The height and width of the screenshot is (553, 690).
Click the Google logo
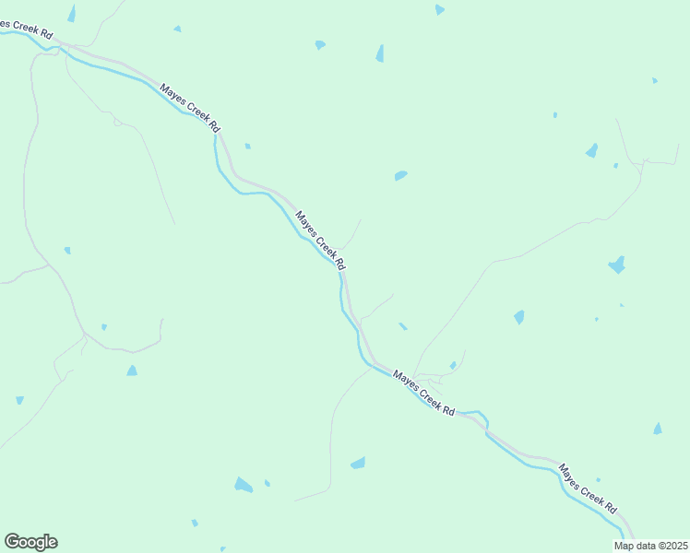tap(30, 542)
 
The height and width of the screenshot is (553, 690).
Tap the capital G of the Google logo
tap(12, 542)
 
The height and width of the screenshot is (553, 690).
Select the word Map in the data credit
tap(624, 546)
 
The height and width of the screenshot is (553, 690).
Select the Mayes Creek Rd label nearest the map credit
tap(588, 489)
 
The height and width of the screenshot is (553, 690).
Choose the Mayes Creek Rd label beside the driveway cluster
tap(423, 393)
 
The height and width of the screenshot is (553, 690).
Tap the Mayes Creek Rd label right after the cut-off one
tap(190, 106)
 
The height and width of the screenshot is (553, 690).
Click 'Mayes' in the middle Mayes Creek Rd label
tap(306, 225)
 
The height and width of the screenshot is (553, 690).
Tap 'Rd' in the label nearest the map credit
tap(611, 508)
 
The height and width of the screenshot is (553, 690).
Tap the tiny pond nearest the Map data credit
tap(598, 479)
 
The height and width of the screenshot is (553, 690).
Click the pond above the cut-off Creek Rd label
tap(71, 13)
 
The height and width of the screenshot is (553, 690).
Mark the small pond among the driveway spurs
tap(453, 366)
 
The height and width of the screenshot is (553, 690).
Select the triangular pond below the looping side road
tap(132, 371)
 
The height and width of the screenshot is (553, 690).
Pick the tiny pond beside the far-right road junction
tap(615, 166)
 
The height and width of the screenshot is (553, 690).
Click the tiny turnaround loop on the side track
tap(117, 123)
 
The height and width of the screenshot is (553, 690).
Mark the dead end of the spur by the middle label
tap(361, 219)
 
